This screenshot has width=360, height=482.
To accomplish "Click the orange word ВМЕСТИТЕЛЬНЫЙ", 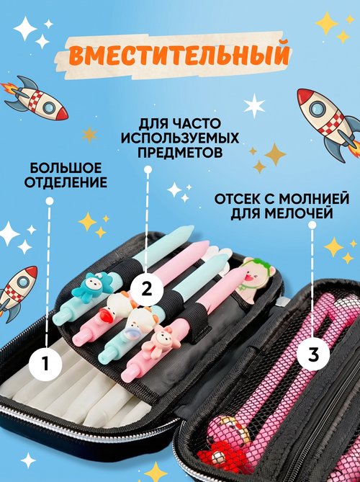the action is (179, 55).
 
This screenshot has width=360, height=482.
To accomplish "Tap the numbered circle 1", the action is (45, 364).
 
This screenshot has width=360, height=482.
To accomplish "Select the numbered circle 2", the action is (147, 289).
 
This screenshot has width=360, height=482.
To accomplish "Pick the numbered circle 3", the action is (313, 355).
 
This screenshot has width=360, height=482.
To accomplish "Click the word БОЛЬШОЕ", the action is (66, 169).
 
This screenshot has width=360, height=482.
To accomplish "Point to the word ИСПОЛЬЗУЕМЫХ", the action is (180, 138).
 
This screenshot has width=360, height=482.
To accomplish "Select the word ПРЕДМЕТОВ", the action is (180, 153).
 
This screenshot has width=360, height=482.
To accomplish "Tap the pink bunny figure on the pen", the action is (156, 340).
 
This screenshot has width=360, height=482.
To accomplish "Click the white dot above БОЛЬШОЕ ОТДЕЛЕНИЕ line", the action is (50, 201).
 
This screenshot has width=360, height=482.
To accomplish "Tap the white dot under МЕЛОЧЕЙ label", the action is (312, 226).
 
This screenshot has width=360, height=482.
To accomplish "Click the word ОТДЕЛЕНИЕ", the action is (66, 182).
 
